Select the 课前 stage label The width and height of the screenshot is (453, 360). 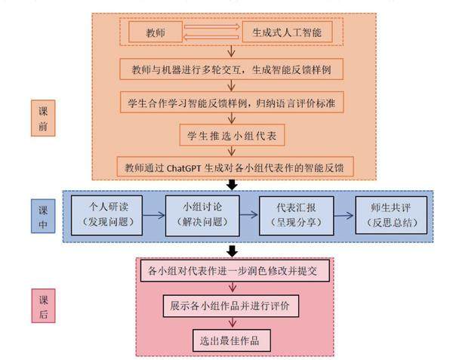pyautogui.click(x=43, y=118)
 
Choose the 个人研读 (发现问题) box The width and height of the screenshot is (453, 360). pyautogui.click(x=106, y=214)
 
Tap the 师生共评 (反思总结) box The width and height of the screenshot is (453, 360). pyautogui.click(x=390, y=214)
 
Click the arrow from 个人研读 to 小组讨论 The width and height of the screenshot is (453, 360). pyautogui.click(x=152, y=214)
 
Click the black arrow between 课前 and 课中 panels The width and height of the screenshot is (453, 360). pyautogui.click(x=233, y=185)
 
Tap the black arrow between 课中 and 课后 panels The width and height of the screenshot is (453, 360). pyautogui.click(x=233, y=251)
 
